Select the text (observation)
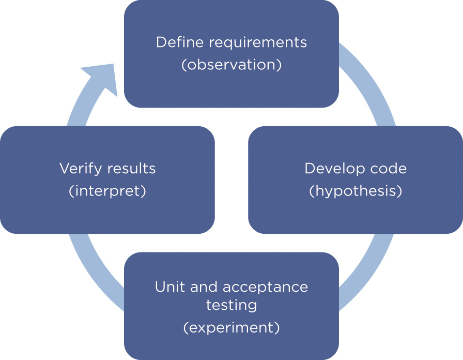231,66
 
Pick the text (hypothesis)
356,191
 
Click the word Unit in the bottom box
169,287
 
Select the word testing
231,305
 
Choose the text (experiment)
231,328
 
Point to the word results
132,169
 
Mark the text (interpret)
107,191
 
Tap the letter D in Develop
309,169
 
